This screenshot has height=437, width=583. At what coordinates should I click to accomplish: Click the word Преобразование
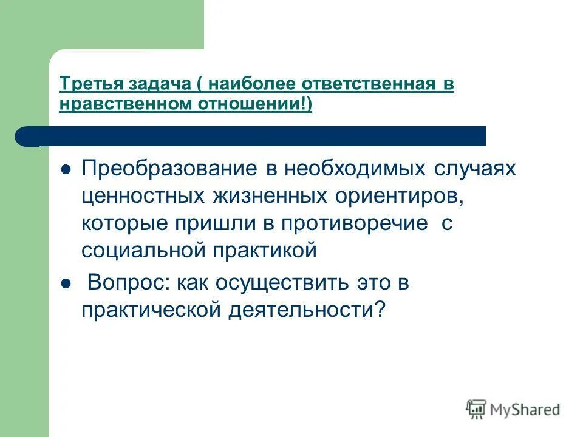170,169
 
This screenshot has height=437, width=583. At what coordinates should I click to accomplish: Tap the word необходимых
349,169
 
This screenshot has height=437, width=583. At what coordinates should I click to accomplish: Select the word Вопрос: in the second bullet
126,283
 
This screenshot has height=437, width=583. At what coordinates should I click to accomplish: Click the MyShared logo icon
476,409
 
